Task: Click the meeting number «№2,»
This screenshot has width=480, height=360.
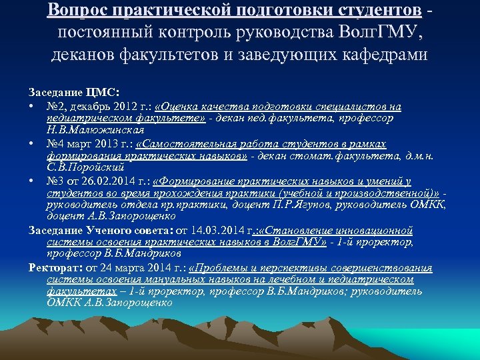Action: tap(56, 107)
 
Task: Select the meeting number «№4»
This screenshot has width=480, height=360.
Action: tap(56, 144)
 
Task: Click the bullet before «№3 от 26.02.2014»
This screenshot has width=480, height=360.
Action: tap(31, 181)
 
